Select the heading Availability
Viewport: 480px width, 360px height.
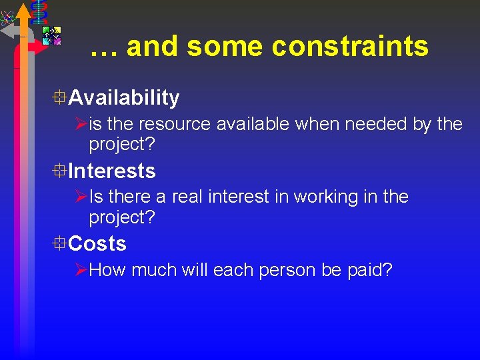pos(124,98)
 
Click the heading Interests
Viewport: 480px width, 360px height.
pos(112,171)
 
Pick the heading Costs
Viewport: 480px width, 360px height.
pos(97,244)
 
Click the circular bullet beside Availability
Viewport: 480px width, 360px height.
pos(61,98)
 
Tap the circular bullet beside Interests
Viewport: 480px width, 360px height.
pos(61,171)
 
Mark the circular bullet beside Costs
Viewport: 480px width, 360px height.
pos(61,244)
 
